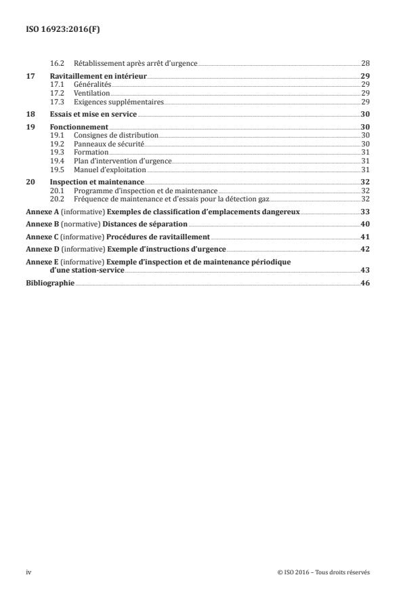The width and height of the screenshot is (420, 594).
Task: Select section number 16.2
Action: click(58, 63)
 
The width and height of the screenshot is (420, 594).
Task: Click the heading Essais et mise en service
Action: click(93, 115)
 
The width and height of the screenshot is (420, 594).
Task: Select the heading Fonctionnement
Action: click(79, 127)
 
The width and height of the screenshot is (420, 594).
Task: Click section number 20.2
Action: click(58, 199)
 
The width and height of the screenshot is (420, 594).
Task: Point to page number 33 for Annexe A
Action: click(365, 212)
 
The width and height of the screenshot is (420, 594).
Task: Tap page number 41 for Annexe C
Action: click(365, 237)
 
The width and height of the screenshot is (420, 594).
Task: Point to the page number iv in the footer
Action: click(28, 572)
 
